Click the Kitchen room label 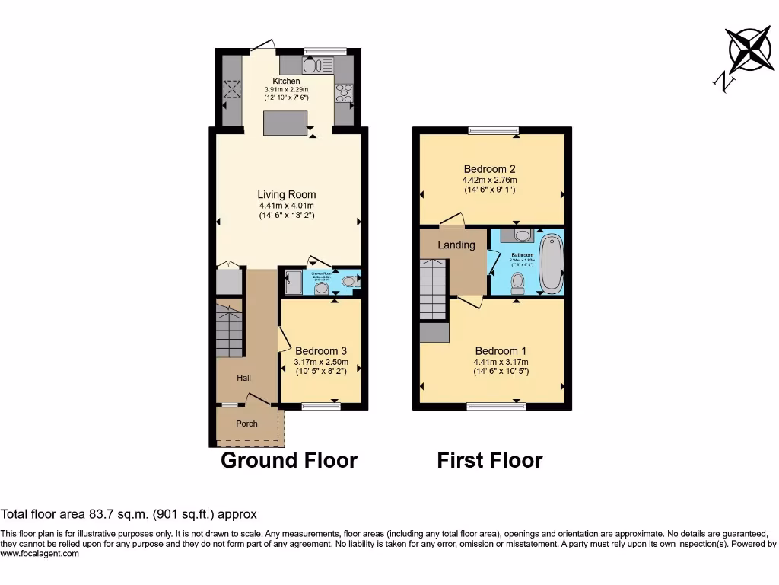click(286, 81)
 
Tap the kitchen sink click(313, 65)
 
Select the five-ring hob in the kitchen click(344, 92)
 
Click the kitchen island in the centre click(285, 123)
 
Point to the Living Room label click(286, 195)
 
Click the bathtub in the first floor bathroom click(551, 264)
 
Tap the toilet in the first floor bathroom click(517, 283)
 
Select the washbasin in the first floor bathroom click(517, 235)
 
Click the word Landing click(456, 245)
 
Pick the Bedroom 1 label click(501, 351)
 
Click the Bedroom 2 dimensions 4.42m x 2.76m click(490, 180)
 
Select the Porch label click(246, 424)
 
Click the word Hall click(243, 378)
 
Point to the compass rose click(749, 50)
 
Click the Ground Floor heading click(288, 460)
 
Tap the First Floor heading click(489, 460)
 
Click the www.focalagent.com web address click(40, 555)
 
